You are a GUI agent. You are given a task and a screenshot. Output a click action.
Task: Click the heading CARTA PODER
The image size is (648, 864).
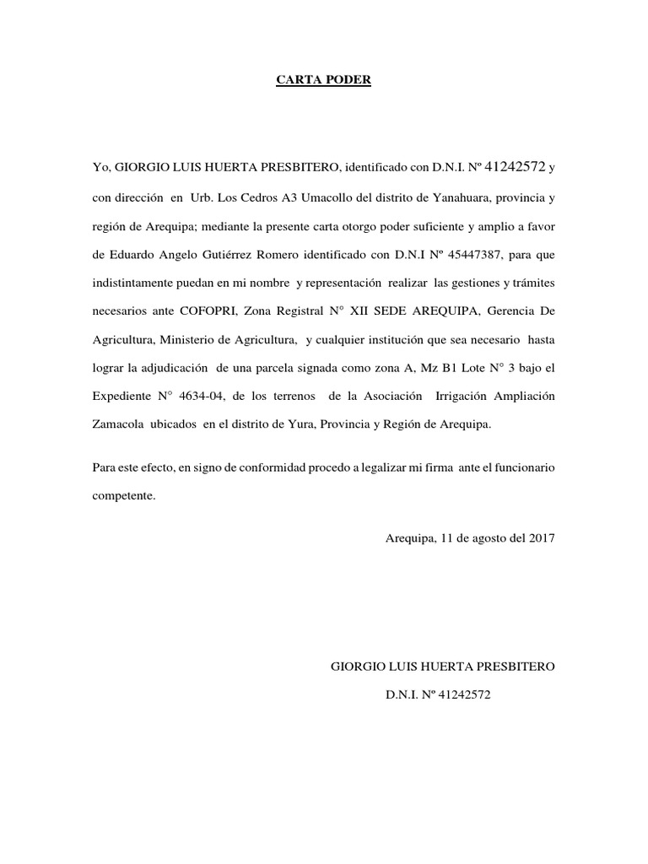click(324, 81)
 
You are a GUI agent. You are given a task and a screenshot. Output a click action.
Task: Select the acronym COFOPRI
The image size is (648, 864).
click(208, 311)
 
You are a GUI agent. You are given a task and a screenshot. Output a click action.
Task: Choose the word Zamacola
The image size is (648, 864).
click(117, 424)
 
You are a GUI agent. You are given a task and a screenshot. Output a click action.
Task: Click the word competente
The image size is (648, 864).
click(124, 495)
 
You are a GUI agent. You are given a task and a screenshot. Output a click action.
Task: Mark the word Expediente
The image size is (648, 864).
click(121, 397)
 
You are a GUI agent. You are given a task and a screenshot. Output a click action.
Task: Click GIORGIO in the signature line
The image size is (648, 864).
click(353, 667)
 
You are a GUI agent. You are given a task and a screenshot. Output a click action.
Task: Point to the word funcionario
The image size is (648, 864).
click(521, 467)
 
